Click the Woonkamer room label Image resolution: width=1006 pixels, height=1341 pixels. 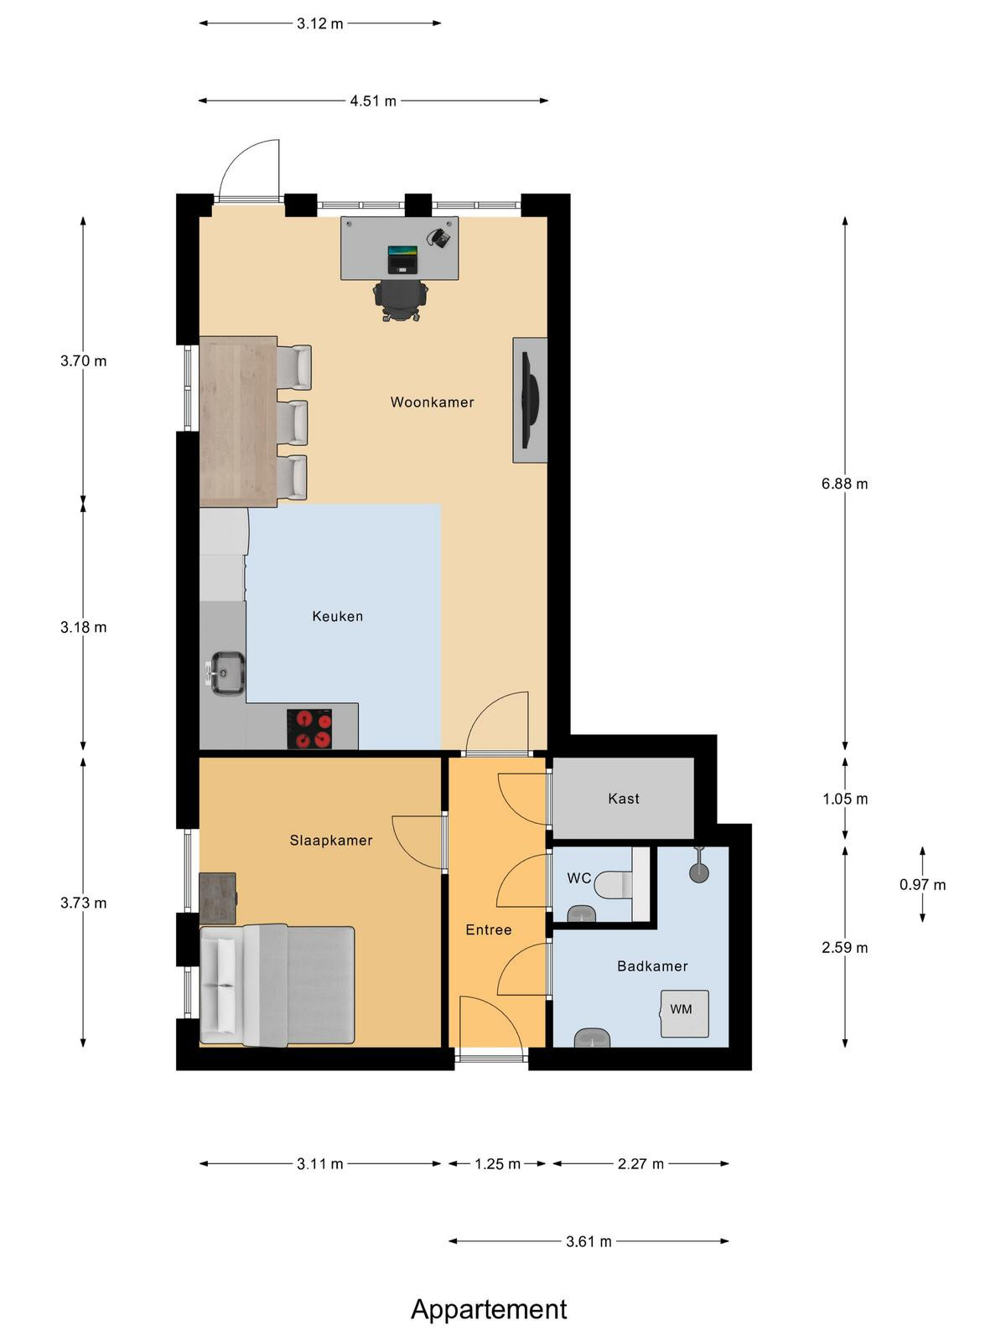[432, 402]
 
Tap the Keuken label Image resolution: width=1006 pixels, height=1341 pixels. [337, 616]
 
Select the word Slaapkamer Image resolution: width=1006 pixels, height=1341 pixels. [330, 840]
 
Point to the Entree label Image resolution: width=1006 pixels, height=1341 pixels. [488, 929]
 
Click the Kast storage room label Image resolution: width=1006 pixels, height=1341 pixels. [623, 798]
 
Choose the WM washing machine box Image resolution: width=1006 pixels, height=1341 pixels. [685, 1013]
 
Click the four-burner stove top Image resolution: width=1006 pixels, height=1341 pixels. [309, 729]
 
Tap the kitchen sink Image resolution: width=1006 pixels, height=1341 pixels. [228, 673]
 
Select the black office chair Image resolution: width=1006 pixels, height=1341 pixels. [400, 300]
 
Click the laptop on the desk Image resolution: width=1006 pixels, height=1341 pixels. [403, 259]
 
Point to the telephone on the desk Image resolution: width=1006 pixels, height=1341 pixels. [440, 236]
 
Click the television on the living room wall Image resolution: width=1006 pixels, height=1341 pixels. [529, 400]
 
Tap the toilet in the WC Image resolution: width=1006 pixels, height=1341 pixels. [613, 884]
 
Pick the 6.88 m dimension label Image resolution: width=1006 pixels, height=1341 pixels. [844, 484]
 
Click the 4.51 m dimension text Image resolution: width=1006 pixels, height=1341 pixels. [372, 101]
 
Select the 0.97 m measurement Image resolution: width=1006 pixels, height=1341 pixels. [922, 884]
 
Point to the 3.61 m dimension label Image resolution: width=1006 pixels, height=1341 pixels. [589, 1241]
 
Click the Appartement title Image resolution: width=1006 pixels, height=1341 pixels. [489, 1309]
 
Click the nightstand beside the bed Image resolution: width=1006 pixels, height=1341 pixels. [218, 898]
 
